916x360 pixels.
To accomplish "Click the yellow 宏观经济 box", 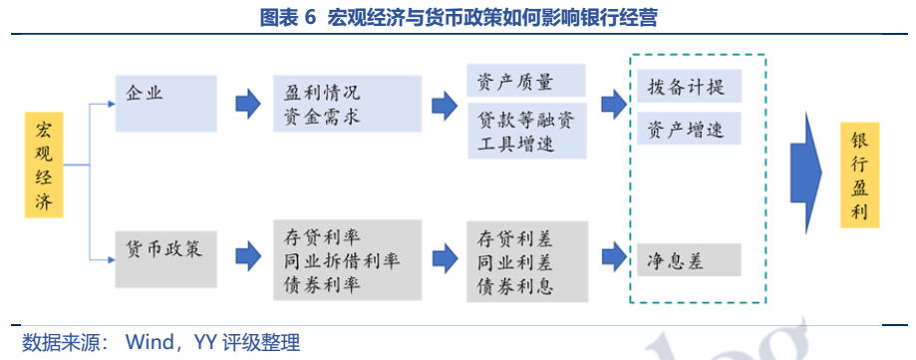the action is [x=44, y=165].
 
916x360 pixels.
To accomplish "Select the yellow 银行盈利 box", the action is [x=859, y=175].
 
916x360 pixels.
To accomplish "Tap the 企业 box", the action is [x=165, y=104].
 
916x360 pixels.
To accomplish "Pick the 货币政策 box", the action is [x=165, y=259].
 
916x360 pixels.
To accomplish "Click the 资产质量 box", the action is [x=526, y=81].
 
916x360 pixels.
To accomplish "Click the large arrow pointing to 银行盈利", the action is [x=806, y=173].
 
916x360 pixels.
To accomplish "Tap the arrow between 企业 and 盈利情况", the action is [x=248, y=104].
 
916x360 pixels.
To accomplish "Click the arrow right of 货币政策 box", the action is [x=248, y=256].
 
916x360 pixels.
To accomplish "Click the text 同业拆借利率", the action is [x=342, y=260].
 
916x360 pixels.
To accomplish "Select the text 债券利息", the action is [x=515, y=286].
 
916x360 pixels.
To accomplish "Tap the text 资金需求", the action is [x=322, y=117].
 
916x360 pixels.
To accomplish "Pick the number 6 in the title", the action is [x=310, y=18].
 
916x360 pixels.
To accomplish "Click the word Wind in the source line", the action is [x=153, y=341].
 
